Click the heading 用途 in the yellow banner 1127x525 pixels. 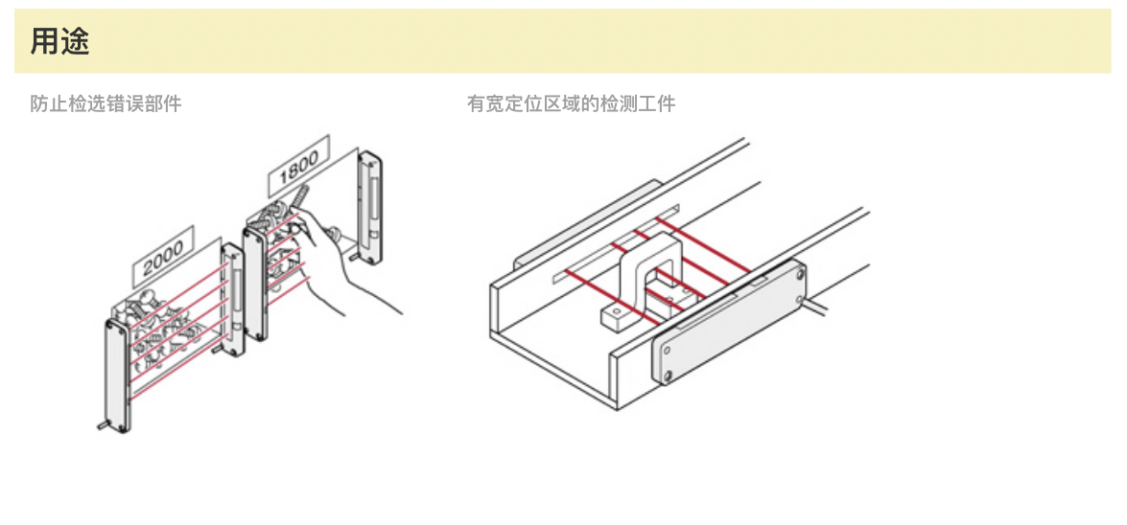(x=59, y=42)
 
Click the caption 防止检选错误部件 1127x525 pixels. (x=106, y=103)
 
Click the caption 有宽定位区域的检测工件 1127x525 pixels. (x=571, y=103)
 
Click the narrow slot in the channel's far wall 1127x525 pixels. (x=614, y=243)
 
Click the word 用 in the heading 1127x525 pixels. (x=44, y=42)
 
